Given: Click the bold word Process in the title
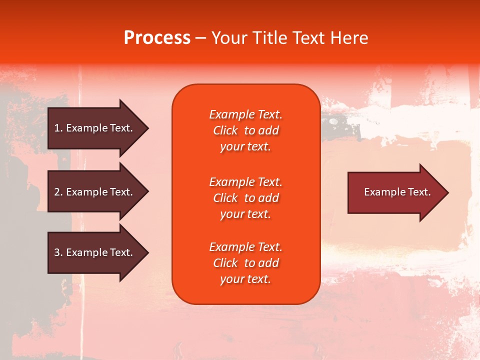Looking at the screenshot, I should point(157,38).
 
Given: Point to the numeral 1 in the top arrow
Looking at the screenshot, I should point(57,128).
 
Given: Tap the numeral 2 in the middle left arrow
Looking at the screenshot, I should point(57,192).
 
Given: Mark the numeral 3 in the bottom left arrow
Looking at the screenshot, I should point(57,252).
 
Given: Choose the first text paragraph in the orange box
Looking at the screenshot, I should point(245,130).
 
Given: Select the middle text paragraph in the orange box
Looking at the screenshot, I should point(245,198).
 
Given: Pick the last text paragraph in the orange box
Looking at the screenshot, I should point(245,263).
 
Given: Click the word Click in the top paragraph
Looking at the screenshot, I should point(225,130).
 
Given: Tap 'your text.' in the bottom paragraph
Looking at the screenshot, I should point(245,279).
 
